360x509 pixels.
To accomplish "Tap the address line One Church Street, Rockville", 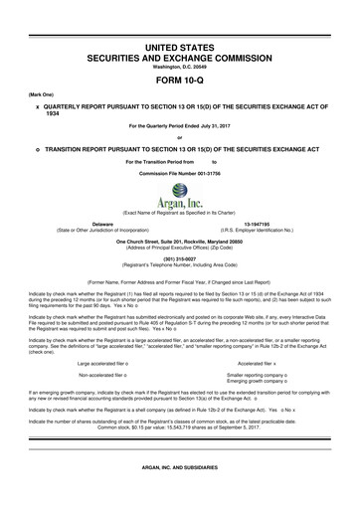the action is click(179, 242).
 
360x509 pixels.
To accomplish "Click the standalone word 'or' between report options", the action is click(179, 137).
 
